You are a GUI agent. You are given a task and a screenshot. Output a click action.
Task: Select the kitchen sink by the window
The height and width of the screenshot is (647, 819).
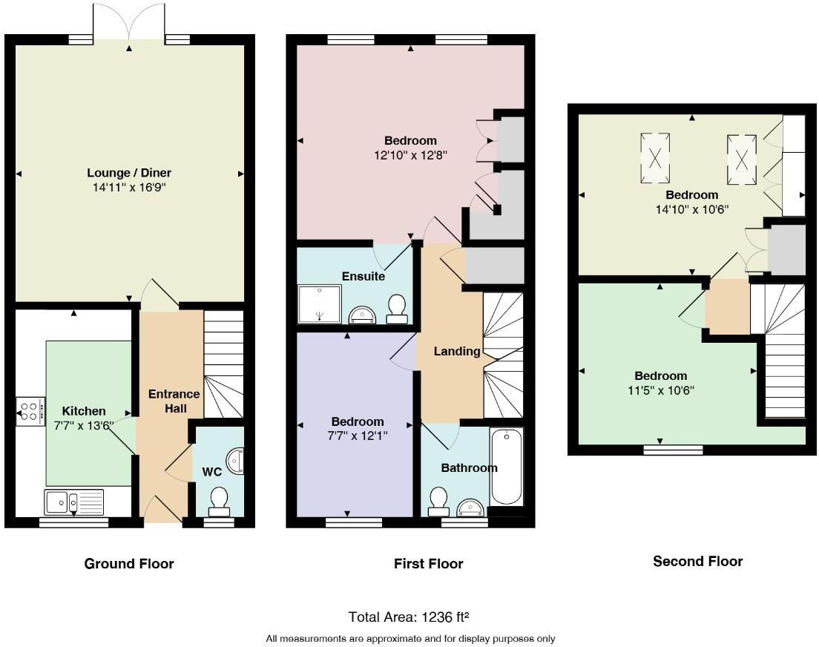point(73,502)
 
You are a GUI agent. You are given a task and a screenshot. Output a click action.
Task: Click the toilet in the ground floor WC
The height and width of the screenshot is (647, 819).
point(219,502)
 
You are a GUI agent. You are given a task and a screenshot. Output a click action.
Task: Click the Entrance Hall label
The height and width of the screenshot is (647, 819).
point(174,401)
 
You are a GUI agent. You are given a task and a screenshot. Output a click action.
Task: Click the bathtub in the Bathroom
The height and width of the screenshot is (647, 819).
point(507,468)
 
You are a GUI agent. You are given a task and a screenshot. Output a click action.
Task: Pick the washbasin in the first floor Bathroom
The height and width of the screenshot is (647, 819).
point(469,508)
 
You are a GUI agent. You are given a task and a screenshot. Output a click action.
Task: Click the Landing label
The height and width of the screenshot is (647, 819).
point(457,351)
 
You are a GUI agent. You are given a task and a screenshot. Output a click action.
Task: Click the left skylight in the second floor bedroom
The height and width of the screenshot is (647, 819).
point(655,157)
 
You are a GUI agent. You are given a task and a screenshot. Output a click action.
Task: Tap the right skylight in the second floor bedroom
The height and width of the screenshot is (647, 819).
point(741,158)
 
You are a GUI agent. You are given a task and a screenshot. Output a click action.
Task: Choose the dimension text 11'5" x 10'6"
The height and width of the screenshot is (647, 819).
point(660,390)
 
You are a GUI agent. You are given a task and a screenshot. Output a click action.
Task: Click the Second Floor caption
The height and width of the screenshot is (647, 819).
point(697,562)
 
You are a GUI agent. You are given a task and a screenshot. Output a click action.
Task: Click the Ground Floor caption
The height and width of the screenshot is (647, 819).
point(129,564)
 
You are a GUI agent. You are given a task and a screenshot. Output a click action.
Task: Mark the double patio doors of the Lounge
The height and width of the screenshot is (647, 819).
point(130,22)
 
